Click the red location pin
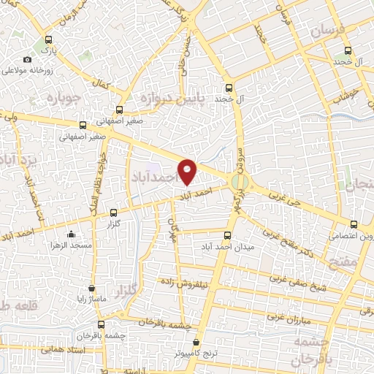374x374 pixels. pyautogui.click(x=188, y=171)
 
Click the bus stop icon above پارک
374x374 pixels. pyautogui.click(x=49, y=40)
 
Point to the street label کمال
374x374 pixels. pyautogui.click(x=110, y=87)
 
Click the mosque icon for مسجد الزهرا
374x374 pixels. pyautogui.click(x=71, y=234)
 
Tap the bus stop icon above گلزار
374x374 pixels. pyautogui.click(x=112, y=213)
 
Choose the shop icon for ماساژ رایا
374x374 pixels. pyautogui.click(x=91, y=288)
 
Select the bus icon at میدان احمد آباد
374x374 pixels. pyautogui.click(x=226, y=236)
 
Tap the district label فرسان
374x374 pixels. pyautogui.click(x=327, y=31)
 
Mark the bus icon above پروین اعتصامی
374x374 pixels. pyautogui.click(x=354, y=225)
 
